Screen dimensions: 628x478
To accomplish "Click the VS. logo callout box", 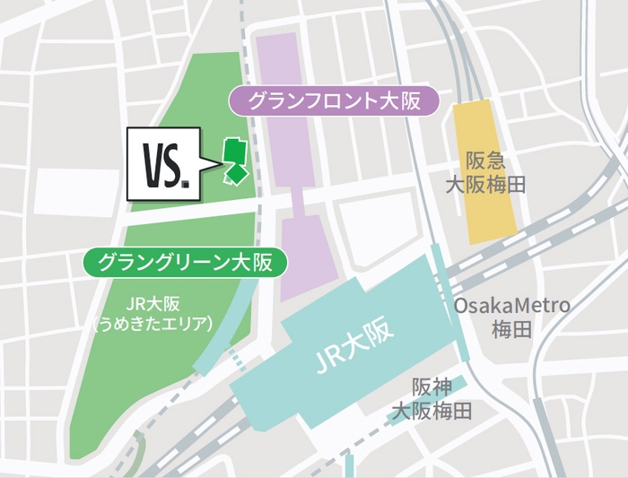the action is click(x=164, y=163).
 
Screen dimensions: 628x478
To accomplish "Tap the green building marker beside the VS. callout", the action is click(x=235, y=161).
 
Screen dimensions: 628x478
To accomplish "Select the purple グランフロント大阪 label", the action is click(x=334, y=100).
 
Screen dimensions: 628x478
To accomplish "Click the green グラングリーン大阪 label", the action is click(x=188, y=263).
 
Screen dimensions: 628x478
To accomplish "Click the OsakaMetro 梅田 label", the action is click(x=512, y=317).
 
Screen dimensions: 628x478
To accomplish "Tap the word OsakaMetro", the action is click(x=512, y=306).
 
